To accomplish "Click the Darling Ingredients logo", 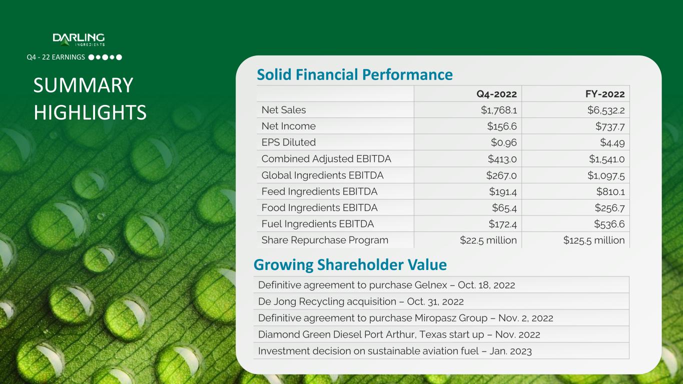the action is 79,39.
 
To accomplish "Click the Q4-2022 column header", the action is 496,94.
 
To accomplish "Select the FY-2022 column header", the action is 605,94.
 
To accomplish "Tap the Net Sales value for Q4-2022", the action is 499,110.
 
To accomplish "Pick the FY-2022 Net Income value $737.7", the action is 610,126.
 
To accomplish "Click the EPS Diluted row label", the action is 288,142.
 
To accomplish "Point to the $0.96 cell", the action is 504,142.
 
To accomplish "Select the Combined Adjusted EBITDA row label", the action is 326,159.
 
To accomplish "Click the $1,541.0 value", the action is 607,159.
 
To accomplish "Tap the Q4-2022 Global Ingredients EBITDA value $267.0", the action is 501,175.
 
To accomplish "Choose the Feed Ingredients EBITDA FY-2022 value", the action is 611,191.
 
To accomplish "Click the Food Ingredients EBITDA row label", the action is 320,207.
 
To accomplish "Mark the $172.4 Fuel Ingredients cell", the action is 503,224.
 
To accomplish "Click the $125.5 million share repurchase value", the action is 594,240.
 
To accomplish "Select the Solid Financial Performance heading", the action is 355,74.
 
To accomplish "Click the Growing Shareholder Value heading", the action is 350,265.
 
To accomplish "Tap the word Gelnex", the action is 431,285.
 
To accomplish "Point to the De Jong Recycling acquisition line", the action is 361,301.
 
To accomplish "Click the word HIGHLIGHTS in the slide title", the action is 90,112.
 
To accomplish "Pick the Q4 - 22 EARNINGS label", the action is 56,57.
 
